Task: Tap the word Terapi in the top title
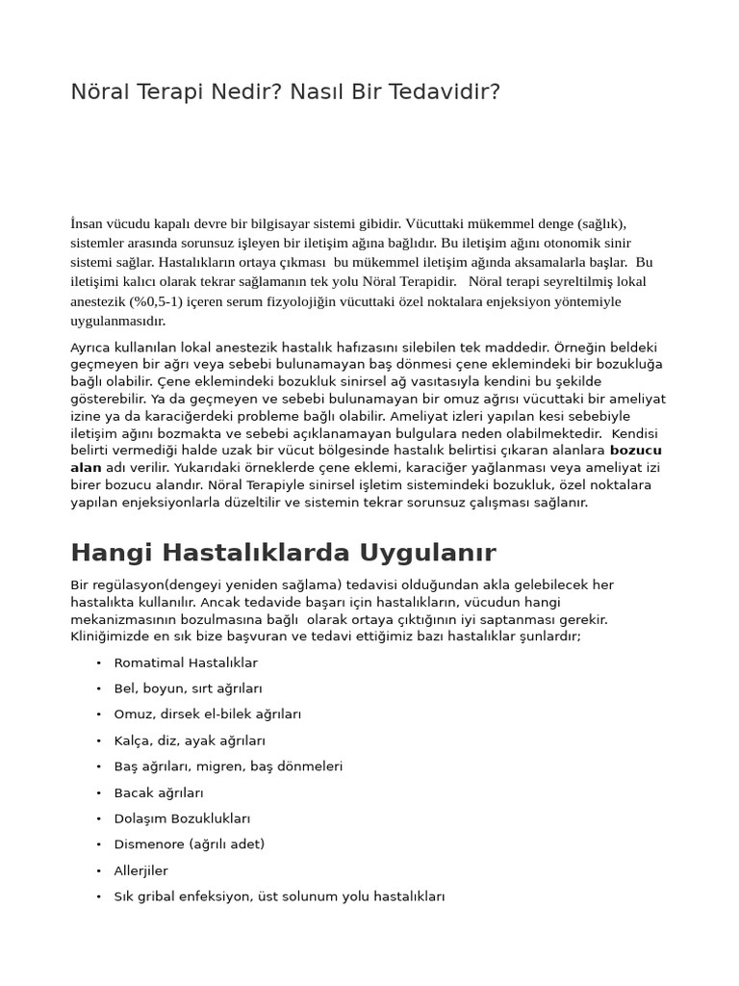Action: coord(165,92)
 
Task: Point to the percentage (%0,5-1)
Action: coord(157,301)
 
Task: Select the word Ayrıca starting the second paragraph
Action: coord(91,347)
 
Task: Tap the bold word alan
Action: coord(86,467)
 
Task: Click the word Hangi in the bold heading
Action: coord(111,553)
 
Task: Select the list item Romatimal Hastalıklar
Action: coord(186,662)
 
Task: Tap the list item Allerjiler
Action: coord(140,870)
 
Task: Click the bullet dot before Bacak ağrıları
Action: coord(99,793)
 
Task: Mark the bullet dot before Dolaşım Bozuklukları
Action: coord(99,819)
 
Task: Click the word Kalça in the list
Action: coord(133,740)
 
